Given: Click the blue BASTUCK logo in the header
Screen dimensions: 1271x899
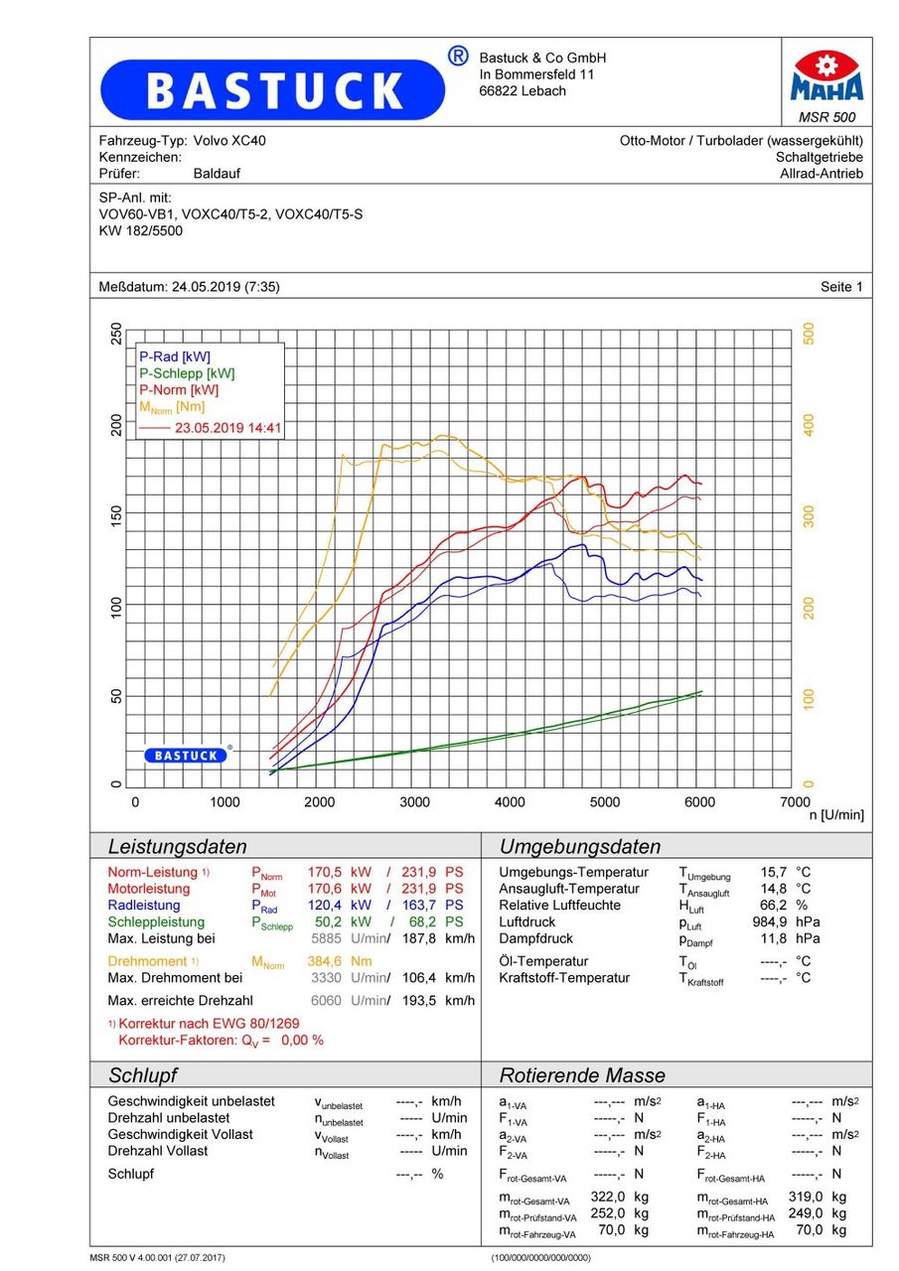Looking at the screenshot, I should click(x=273, y=90).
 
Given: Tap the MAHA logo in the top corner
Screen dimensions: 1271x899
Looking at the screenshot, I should click(x=826, y=77).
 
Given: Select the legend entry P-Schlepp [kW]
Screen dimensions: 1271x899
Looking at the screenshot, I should click(x=187, y=373).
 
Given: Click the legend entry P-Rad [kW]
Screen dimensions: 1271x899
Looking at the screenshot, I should click(x=175, y=356).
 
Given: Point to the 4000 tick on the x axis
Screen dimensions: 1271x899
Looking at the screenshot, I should click(x=510, y=802).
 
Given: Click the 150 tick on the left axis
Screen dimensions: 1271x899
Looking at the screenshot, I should click(x=115, y=516).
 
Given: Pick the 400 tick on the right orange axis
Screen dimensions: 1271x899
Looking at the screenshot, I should click(x=809, y=425).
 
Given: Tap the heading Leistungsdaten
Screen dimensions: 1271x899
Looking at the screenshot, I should click(x=177, y=847).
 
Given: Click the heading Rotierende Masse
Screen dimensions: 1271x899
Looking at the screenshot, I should click(x=582, y=1075).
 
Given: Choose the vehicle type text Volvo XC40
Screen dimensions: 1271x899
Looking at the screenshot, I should click(x=229, y=141).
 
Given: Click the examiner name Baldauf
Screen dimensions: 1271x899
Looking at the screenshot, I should click(x=217, y=174).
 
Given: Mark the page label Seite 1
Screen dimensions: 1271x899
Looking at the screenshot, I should click(x=841, y=287).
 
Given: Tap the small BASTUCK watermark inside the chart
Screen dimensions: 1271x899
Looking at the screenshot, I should click(x=187, y=756).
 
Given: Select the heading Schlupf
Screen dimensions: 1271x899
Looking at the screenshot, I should click(x=142, y=1075).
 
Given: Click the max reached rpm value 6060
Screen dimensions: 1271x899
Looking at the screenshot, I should click(x=327, y=1000).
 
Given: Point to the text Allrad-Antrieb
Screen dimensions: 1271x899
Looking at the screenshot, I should click(x=821, y=174).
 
